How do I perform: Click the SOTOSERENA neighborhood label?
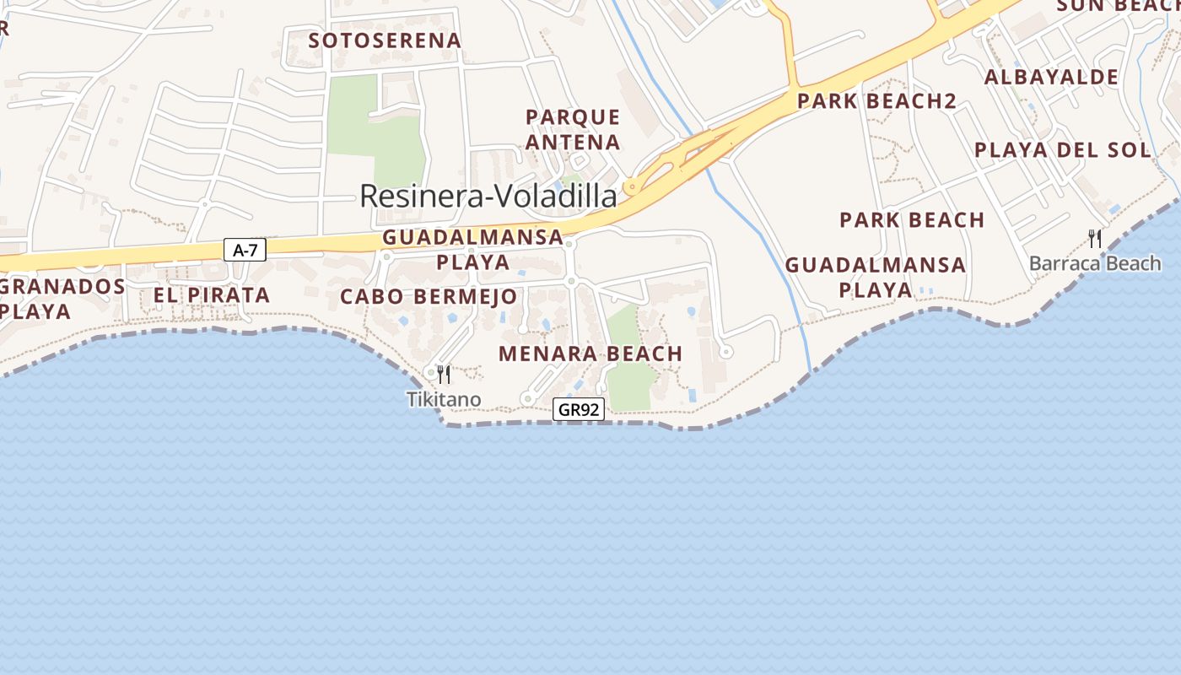tap(385, 40)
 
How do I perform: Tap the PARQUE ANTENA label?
tap(573, 129)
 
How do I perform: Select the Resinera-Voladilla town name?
tap(488, 196)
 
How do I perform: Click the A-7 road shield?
tap(245, 249)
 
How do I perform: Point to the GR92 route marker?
tap(579, 410)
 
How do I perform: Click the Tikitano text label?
tap(444, 399)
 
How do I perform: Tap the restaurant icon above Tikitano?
tap(444, 374)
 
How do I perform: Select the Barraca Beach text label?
tap(1095, 263)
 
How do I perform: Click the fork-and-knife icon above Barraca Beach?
tap(1095, 239)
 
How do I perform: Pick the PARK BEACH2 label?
tap(876, 101)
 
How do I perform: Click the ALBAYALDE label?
tap(1051, 78)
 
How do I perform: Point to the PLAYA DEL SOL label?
tap(1062, 150)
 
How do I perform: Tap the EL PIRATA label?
tap(211, 295)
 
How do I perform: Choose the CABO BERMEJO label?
tap(428, 297)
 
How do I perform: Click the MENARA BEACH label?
tap(590, 354)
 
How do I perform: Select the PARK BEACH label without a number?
tap(912, 220)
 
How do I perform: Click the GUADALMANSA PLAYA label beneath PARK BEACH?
tap(875, 277)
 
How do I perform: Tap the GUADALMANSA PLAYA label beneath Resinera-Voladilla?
tap(472, 249)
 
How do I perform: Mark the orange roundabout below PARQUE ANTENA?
tap(629, 187)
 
